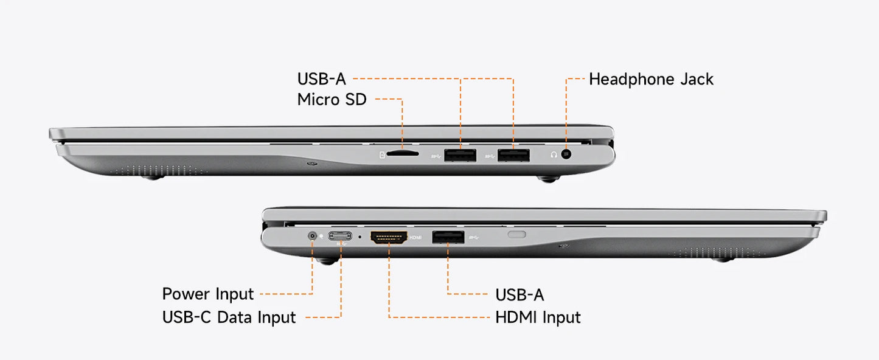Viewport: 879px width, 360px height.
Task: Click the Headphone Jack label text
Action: point(651,79)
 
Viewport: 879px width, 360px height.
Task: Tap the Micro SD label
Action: point(332,100)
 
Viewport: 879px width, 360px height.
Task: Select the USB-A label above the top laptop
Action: point(321,79)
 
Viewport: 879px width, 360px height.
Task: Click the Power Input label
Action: point(208,294)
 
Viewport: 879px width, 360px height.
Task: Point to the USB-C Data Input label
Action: point(229,317)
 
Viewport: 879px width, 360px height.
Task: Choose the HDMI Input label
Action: point(538,317)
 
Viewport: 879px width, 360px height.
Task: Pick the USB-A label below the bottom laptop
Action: point(519,295)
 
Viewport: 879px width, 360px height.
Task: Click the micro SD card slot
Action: point(403,154)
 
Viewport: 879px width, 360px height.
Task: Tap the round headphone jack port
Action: point(566,154)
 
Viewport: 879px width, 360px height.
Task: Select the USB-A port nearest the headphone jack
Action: point(513,155)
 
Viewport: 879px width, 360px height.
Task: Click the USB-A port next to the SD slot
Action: point(460,155)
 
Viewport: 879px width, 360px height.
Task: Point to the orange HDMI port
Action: point(389,237)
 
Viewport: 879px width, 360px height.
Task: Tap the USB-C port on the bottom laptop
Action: point(340,236)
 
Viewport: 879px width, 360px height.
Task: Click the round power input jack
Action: point(312,236)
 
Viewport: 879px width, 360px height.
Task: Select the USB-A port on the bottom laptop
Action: point(448,237)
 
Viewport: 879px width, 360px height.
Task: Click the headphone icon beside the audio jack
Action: point(554,154)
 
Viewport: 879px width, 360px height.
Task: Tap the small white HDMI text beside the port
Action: point(415,238)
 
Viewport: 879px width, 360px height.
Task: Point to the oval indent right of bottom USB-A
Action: point(517,235)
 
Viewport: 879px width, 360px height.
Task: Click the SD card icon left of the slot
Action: point(382,155)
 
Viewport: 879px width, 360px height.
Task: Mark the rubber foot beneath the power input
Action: point(327,261)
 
